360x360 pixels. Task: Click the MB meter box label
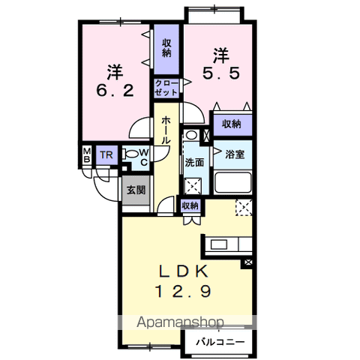point(87,155)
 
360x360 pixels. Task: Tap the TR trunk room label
point(106,155)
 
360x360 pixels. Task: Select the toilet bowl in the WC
point(130,154)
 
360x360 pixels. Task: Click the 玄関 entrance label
point(136,190)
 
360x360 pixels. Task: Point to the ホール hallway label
point(166,130)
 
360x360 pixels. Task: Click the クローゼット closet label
point(166,88)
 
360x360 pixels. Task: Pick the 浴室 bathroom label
point(235,154)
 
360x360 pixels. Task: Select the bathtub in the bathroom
point(232,183)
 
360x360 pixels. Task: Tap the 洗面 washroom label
point(194,163)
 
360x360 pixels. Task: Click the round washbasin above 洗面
point(191,135)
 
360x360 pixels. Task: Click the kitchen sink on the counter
point(219,244)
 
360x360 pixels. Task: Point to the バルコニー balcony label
point(220,342)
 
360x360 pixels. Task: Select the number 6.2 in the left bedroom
point(115,91)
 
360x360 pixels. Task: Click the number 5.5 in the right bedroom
point(221,73)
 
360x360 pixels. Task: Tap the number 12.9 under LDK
point(183,291)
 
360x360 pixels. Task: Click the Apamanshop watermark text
point(180,322)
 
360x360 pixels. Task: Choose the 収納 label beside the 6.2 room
point(166,48)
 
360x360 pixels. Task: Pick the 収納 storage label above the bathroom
point(232,124)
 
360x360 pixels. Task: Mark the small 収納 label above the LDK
point(190,205)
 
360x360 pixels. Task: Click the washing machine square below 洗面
point(193,186)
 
